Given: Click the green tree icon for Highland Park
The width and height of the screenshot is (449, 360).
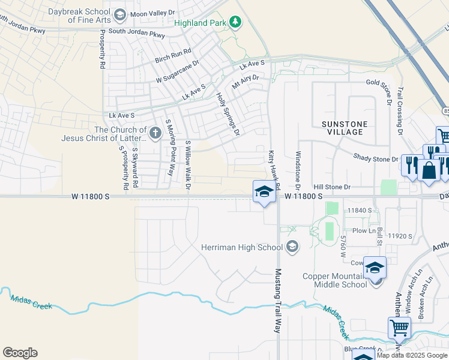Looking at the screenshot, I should pos(236,22).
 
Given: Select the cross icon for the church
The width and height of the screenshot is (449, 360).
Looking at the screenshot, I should pos(155,133).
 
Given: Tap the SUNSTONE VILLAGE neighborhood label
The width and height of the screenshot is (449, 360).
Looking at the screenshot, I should pos(343,127).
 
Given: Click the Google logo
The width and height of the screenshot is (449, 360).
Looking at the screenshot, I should pos(20,353).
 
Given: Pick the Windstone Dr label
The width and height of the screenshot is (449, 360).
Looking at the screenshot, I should pos(297,167).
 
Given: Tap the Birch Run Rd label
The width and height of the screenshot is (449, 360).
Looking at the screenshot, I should pos(173,56).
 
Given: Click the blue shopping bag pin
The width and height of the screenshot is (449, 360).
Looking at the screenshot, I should pos(430,170).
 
